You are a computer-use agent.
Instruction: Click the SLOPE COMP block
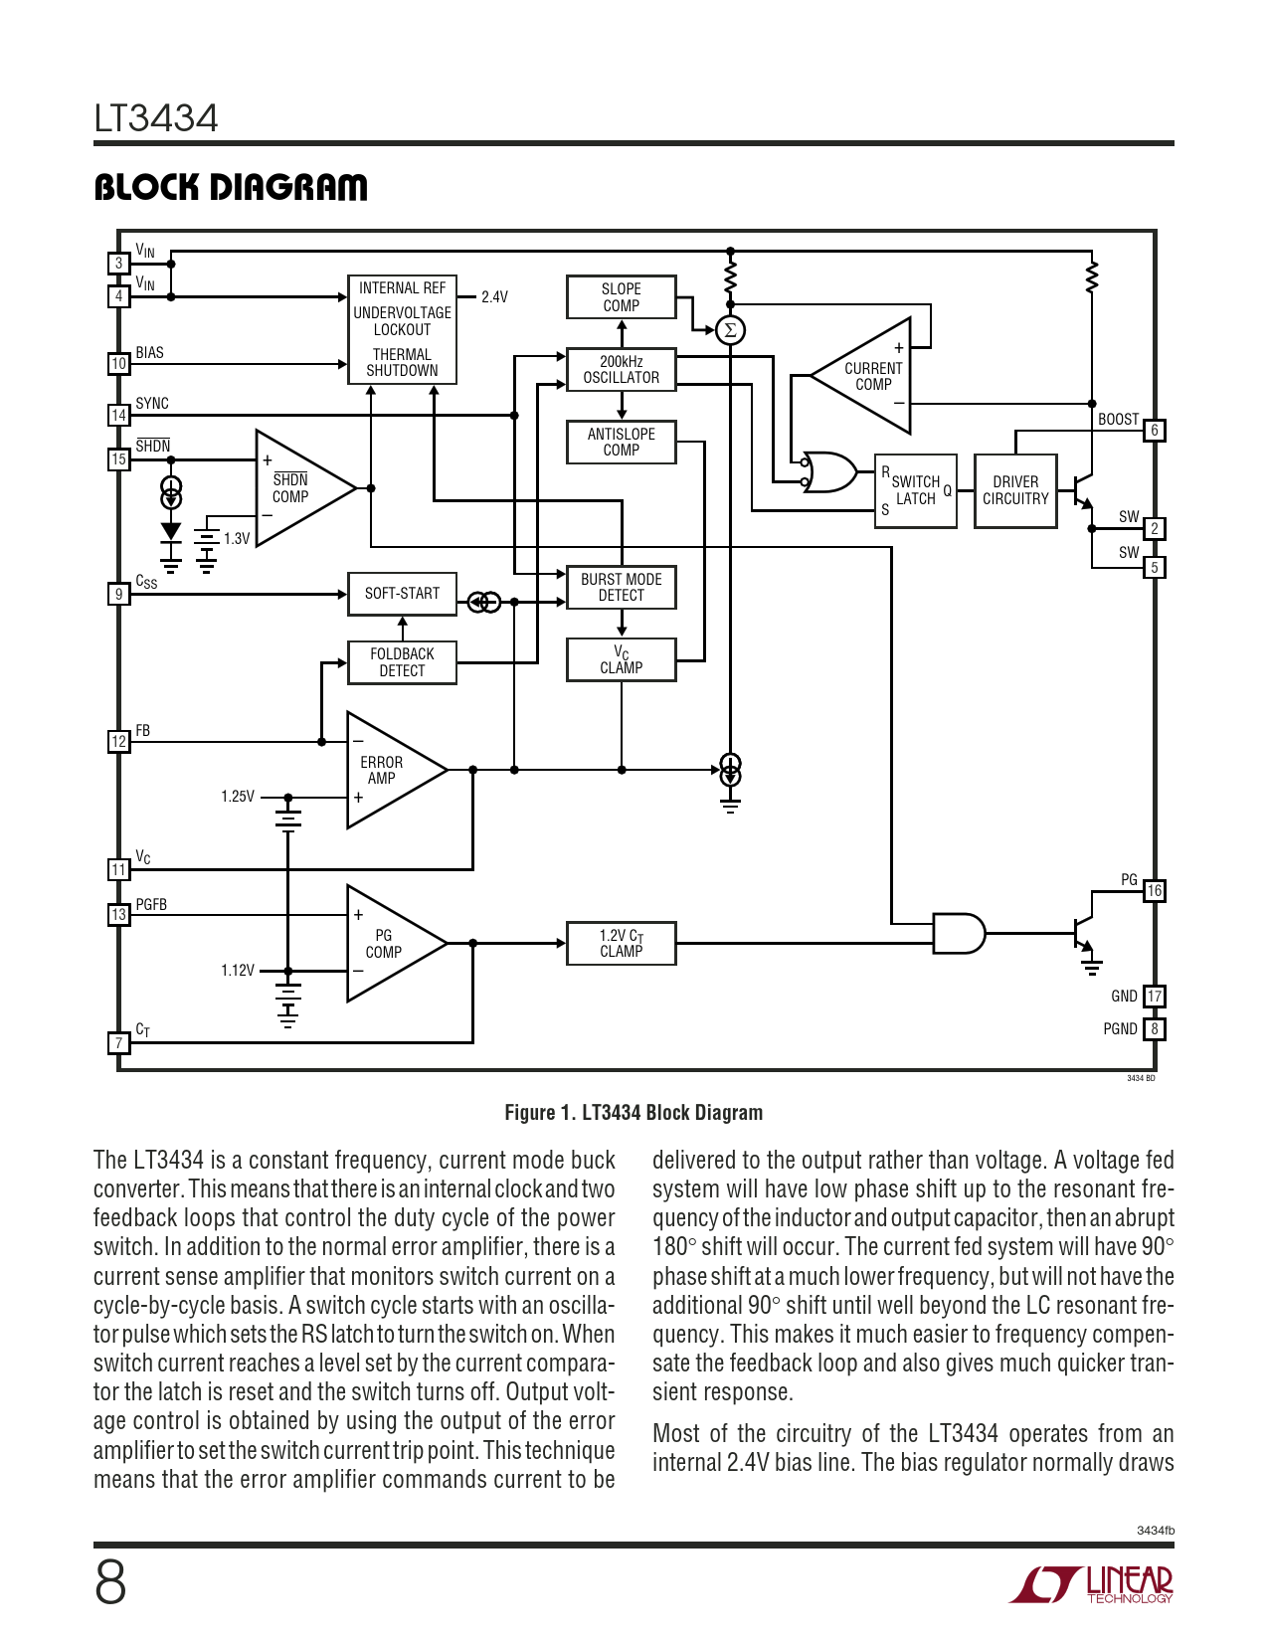tap(621, 297)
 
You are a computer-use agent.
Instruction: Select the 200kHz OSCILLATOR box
tap(621, 370)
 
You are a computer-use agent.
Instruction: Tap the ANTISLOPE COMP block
tap(621, 443)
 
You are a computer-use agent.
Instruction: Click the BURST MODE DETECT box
tap(621, 588)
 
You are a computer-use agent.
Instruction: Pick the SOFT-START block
tap(402, 594)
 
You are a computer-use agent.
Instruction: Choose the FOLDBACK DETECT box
tap(402, 662)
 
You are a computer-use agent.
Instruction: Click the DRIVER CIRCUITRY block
tap(1015, 490)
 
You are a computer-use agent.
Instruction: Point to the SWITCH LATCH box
tap(915, 491)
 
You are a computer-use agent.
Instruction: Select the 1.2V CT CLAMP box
tap(621, 944)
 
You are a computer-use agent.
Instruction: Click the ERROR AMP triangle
tap(388, 770)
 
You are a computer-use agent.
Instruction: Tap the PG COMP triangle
tap(388, 944)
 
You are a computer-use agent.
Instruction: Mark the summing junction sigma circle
tap(730, 330)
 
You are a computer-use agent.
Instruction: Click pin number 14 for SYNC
tap(118, 416)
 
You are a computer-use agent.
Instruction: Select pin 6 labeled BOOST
tap(1155, 431)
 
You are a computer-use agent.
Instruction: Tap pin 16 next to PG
tap(1154, 891)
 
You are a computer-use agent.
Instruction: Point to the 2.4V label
tap(494, 297)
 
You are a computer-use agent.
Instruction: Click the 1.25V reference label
tap(238, 797)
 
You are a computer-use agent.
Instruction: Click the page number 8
tap(110, 1582)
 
